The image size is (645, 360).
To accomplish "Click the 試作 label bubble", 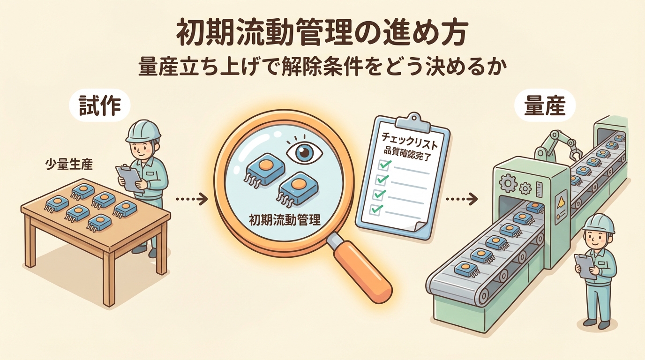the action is (100, 105).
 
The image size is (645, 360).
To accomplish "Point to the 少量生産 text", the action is (69, 165).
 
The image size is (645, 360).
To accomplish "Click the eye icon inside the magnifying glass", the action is (304, 151).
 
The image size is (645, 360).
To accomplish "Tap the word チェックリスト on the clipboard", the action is (409, 140).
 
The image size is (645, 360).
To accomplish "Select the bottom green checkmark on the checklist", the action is (376, 209).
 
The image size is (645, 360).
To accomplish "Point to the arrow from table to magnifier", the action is (191, 199).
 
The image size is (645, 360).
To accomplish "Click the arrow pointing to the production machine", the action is (462, 199).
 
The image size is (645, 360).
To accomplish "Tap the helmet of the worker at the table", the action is (143, 131).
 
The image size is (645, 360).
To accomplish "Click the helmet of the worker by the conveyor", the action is (598, 224).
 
